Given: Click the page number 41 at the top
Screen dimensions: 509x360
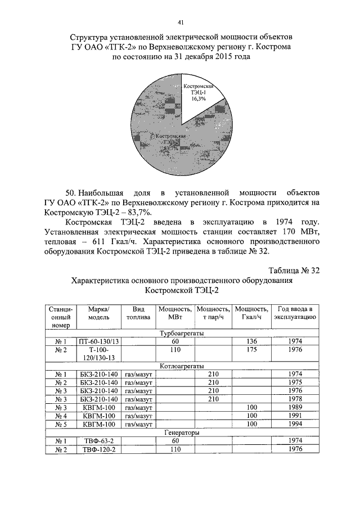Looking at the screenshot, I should pos(180,22).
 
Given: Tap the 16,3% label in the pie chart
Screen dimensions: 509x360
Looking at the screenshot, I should pos(198,98).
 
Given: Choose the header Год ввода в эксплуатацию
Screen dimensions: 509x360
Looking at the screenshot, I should pos(294,313).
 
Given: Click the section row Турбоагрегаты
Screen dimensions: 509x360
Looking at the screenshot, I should pos(181,333).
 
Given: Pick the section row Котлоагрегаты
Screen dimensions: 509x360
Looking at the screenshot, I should pos(181,366).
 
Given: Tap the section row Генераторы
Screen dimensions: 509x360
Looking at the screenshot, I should pos(181,433).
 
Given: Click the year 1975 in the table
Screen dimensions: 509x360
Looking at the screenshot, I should pos(294,382).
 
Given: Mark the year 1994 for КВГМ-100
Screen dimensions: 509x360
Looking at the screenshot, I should pos(294,424).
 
